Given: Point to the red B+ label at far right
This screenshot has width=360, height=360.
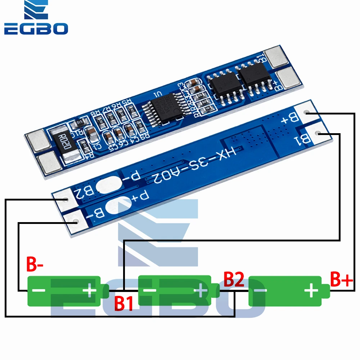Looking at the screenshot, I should (341, 280).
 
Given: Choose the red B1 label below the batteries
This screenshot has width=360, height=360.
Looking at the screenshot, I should (124, 303).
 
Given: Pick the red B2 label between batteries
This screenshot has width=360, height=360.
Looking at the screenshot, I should (234, 280).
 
